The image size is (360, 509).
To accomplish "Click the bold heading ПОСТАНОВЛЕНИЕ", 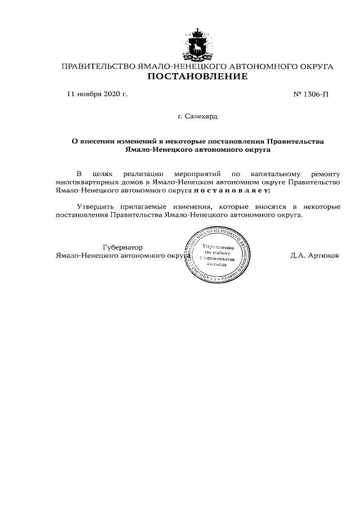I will (197, 77).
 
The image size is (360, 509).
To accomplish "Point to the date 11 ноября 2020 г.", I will (97, 94).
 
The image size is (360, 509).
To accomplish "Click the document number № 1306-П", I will (310, 94).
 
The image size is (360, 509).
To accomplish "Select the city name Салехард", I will (201, 117).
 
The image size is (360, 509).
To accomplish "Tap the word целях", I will (102, 174).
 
